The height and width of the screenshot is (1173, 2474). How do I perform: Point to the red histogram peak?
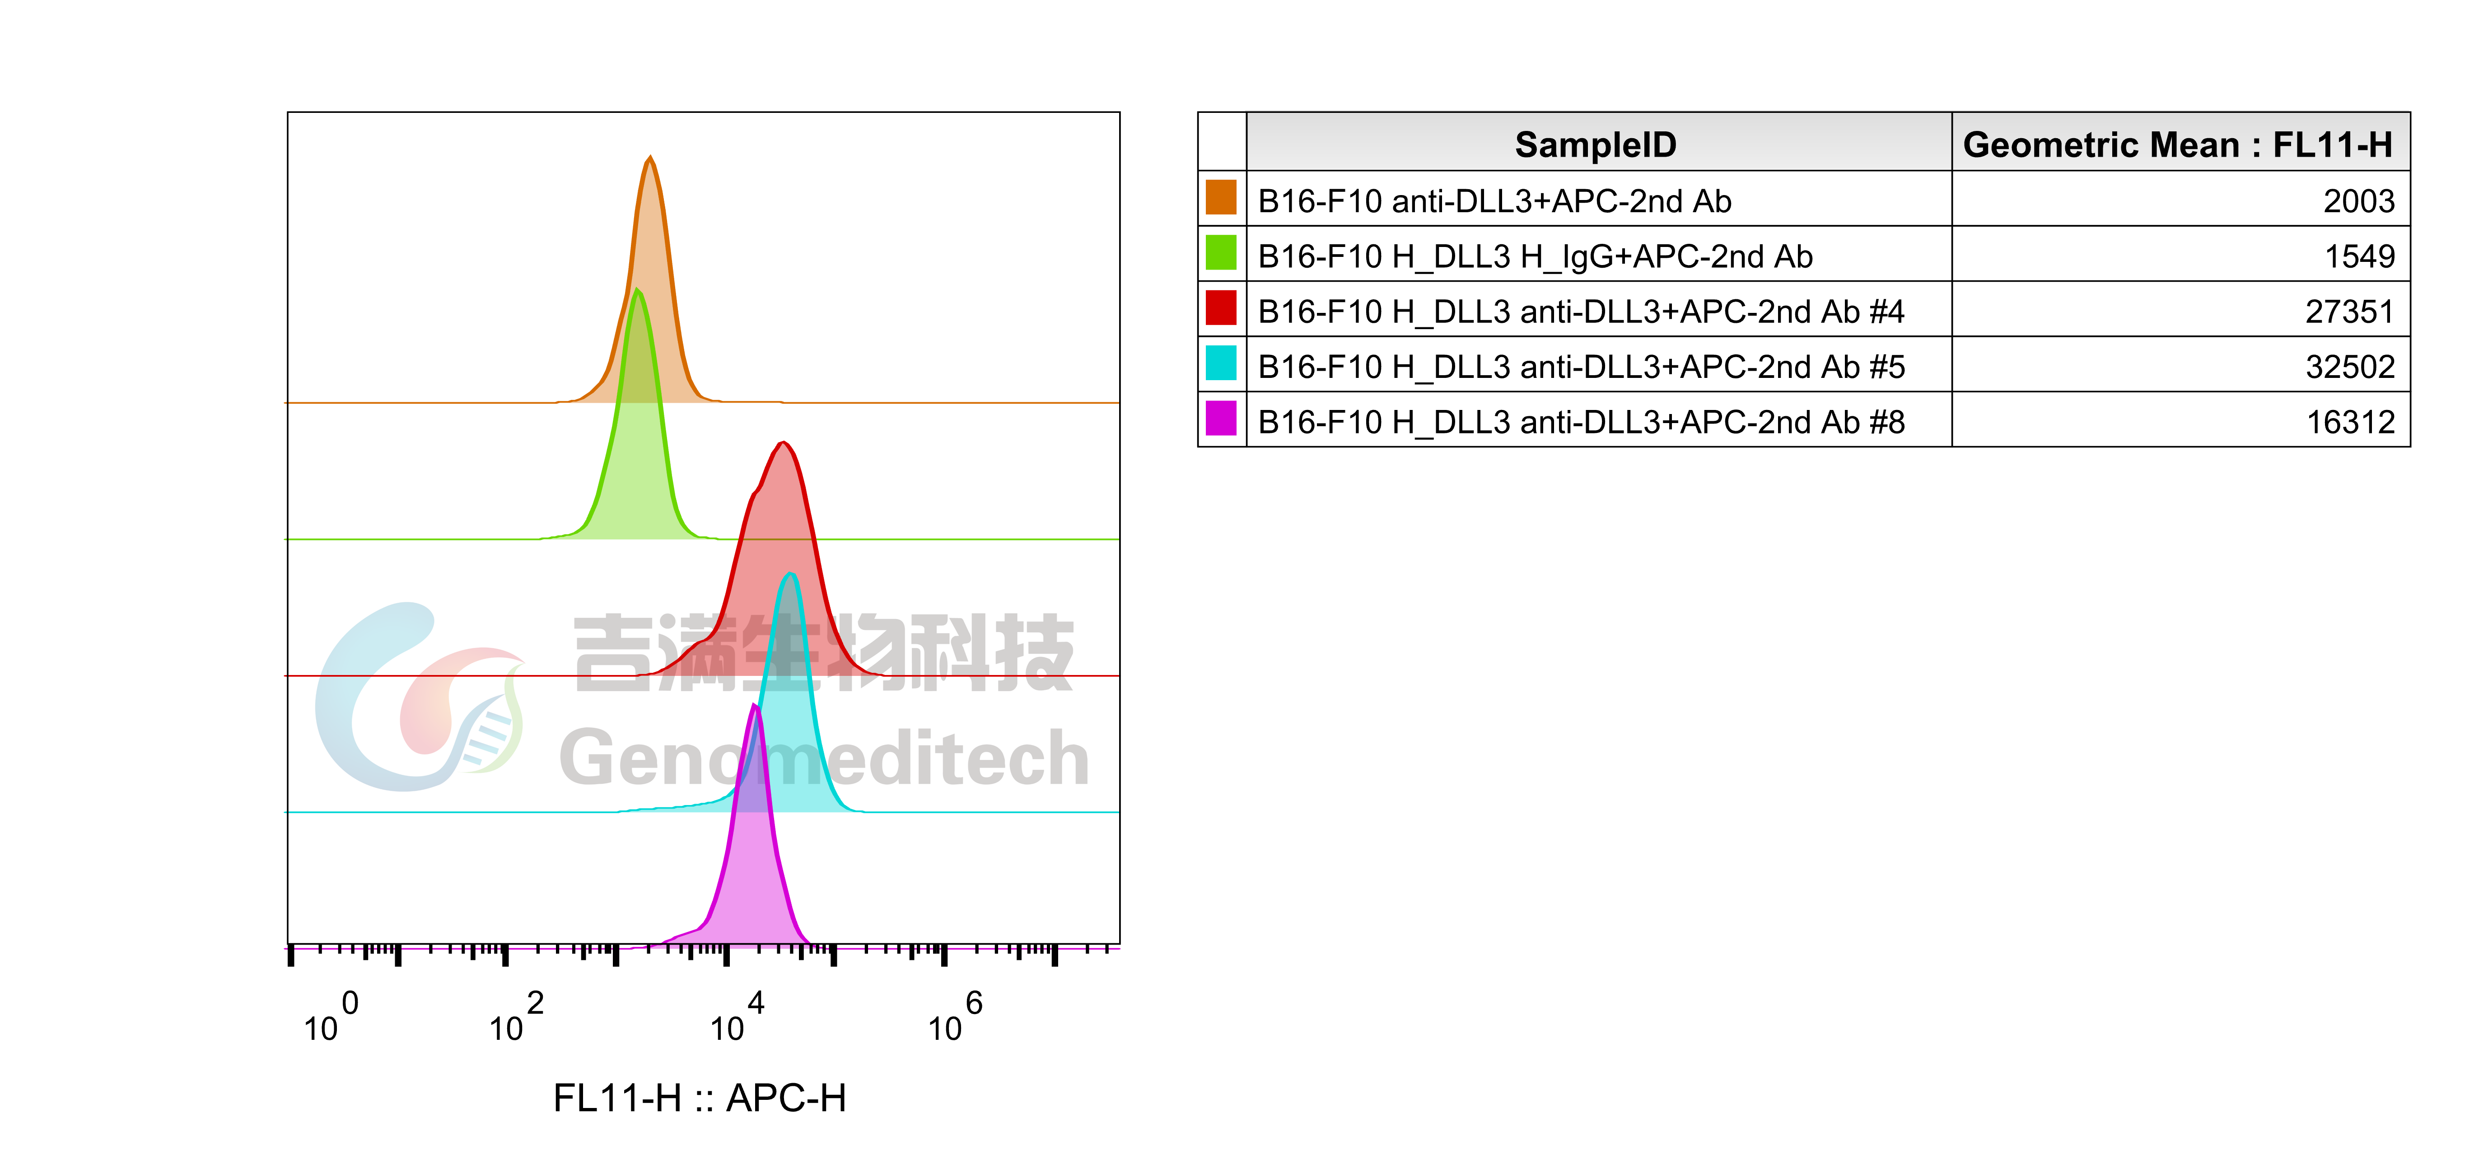(x=784, y=443)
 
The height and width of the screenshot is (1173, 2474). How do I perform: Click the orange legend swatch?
(x=1221, y=197)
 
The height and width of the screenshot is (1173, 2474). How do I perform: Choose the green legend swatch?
(x=1221, y=252)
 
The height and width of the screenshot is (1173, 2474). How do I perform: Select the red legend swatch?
(x=1221, y=307)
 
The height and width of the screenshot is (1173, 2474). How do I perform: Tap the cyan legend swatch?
(x=1221, y=363)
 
